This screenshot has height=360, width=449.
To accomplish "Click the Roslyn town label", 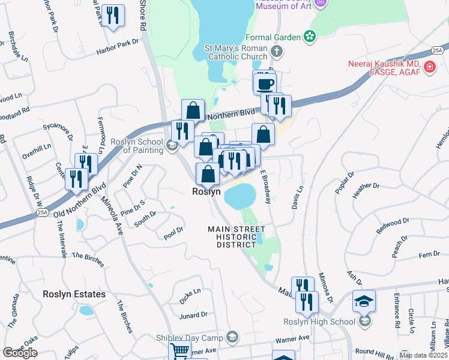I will pyautogui.click(x=206, y=192).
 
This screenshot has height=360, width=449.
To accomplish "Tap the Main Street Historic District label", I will pyautogui.click(x=237, y=237).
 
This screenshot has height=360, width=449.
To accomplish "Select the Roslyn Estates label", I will pyautogui.click(x=74, y=294).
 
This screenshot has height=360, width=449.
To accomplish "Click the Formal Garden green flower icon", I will pyautogui.click(x=310, y=37).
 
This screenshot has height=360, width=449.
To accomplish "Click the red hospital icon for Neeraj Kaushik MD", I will pyautogui.click(x=430, y=67).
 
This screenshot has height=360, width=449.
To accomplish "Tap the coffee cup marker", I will pyautogui.click(x=264, y=82).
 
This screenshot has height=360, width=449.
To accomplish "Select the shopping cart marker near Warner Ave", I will pyautogui.click(x=179, y=351).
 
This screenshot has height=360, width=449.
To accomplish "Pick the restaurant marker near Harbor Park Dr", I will pyautogui.click(x=112, y=15).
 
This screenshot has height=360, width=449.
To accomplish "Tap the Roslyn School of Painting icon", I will pyautogui.click(x=172, y=145).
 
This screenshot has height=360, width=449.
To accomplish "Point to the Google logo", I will pyautogui.click(x=20, y=353).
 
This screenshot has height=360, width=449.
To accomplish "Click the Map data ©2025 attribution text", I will pyautogui.click(x=423, y=355).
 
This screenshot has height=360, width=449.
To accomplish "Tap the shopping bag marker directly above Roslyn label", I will pyautogui.click(x=208, y=174).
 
